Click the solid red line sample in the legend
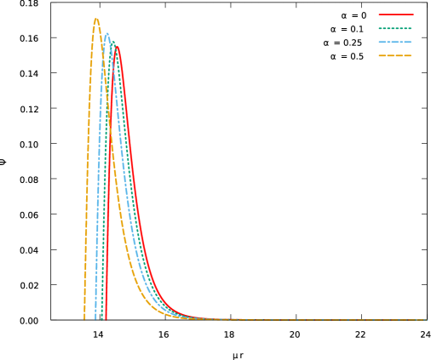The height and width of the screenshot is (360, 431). (x=395, y=14)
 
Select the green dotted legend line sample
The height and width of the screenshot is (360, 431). (x=395, y=28)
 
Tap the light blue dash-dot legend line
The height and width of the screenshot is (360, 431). (x=395, y=42)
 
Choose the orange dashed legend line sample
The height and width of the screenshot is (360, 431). (x=395, y=55)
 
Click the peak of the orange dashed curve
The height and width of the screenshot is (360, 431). (x=96, y=19)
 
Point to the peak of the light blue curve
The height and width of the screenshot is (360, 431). (x=107, y=34)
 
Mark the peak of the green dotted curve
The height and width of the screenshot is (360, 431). (x=111, y=39)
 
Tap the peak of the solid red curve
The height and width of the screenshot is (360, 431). (x=117, y=47)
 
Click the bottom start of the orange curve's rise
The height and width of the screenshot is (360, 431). (x=84, y=319)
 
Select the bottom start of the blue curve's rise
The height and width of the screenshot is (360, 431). (x=95, y=319)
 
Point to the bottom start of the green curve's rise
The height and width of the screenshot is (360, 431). (x=101, y=319)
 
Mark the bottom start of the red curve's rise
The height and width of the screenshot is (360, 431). (x=106, y=319)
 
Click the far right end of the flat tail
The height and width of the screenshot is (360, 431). (x=427, y=320)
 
